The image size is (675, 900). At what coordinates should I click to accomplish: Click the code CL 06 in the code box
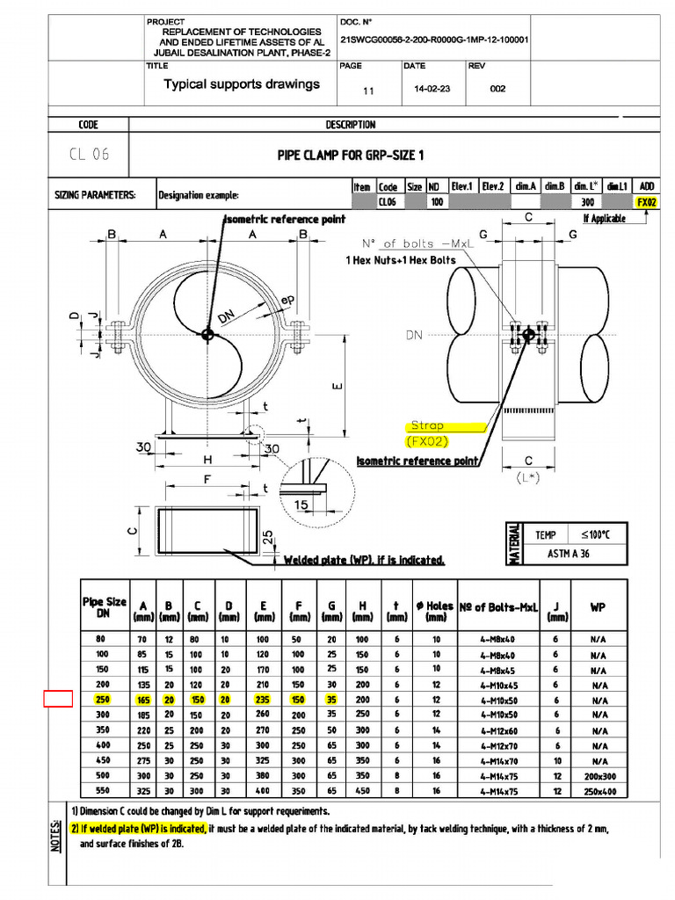click(89, 155)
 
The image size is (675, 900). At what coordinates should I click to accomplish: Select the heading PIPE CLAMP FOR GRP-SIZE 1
click(351, 156)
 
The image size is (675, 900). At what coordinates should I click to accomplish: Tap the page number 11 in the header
click(368, 90)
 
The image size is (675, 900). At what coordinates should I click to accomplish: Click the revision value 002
click(497, 89)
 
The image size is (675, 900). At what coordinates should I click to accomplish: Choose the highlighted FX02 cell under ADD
click(647, 202)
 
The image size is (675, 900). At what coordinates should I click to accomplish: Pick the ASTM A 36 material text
click(569, 554)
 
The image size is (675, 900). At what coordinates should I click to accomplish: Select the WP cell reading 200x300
click(599, 776)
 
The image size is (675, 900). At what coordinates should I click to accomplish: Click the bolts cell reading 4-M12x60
click(498, 730)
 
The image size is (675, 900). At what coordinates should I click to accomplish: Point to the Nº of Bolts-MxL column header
click(498, 607)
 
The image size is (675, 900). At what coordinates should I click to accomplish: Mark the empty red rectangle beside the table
click(58, 700)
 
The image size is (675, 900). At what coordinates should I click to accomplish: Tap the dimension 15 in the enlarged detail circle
click(302, 504)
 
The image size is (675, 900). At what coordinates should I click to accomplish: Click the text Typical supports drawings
click(242, 85)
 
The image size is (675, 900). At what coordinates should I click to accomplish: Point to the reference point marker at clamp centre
click(207, 334)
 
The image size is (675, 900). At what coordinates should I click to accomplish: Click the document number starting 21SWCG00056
click(433, 40)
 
